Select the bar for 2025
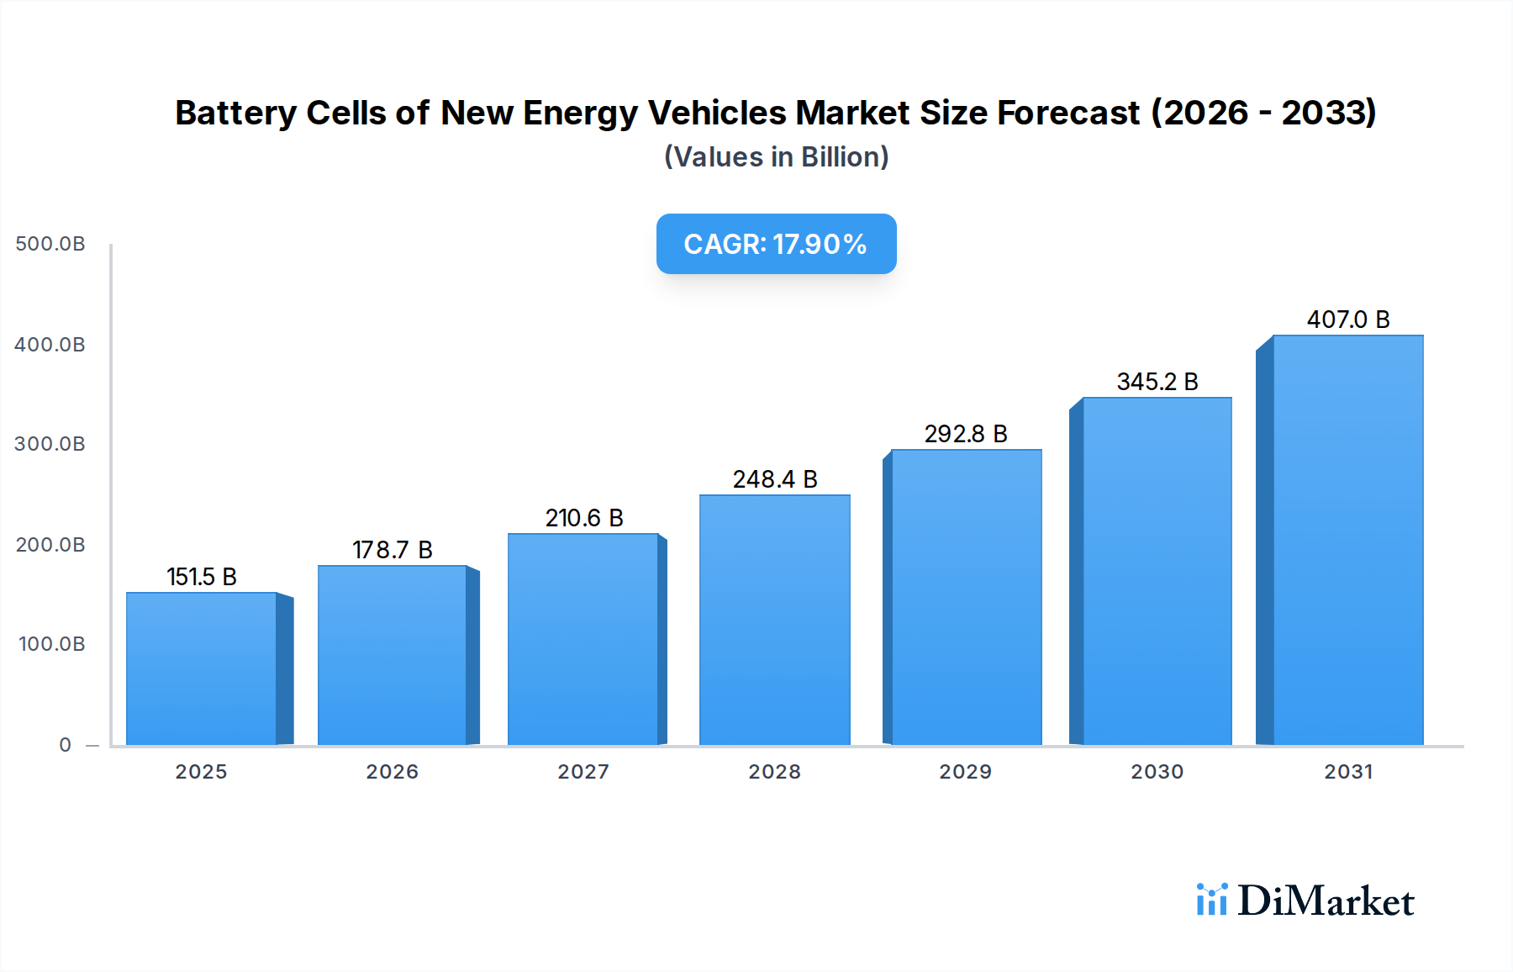[202, 668]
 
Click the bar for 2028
[774, 620]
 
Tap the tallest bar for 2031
[1347, 540]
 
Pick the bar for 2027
[583, 639]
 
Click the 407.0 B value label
[1347, 320]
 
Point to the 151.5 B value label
[202, 577]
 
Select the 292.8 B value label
[966, 434]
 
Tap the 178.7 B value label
[392, 550]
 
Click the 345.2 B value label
[1157, 382]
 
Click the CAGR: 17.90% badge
[776, 244]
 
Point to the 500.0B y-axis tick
[50, 244]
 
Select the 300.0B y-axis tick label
[50, 444]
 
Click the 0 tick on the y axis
[66, 745]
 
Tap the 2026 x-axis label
[392, 772]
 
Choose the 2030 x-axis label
[1157, 772]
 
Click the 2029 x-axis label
[966, 772]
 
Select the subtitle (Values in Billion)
[776, 157]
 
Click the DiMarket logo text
[1326, 901]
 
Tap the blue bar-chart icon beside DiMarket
[1211, 900]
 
